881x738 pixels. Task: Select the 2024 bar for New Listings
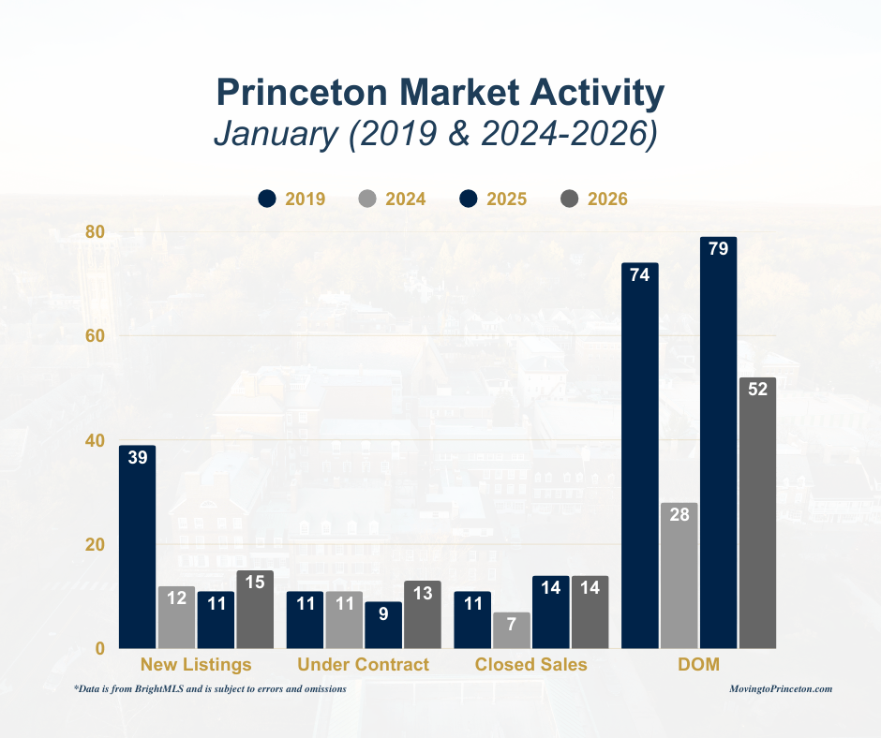point(176,617)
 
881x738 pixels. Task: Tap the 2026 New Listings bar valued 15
point(255,610)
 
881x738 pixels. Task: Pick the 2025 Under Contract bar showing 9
point(383,625)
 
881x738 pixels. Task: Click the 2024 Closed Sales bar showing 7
point(512,630)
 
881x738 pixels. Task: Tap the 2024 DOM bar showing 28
point(679,575)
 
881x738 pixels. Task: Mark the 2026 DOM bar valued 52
point(757,512)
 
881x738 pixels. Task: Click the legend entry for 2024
point(393,199)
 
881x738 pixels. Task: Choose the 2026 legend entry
point(594,199)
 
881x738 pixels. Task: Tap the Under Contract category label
point(363,665)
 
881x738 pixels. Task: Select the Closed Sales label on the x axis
point(530,665)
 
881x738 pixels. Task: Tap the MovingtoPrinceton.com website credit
point(781,688)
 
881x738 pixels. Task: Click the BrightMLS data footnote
point(210,688)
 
